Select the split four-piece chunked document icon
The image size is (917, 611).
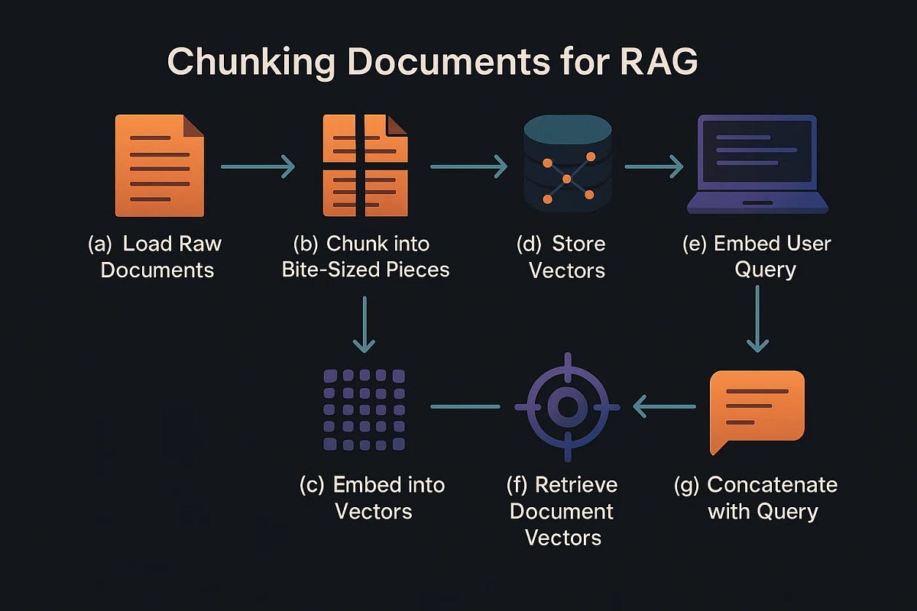[x=365, y=166]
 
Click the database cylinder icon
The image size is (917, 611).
[x=566, y=164]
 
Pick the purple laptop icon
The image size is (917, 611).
[x=757, y=164]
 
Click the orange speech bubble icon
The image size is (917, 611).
[x=757, y=411]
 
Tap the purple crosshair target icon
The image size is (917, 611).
[x=567, y=406]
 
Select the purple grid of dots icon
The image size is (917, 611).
[x=365, y=409]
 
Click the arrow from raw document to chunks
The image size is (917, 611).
[x=258, y=166]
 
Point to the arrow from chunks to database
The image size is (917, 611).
[x=468, y=166]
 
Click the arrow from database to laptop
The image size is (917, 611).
[x=653, y=166]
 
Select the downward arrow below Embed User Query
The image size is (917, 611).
[x=757, y=319]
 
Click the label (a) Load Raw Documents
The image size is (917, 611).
[x=157, y=257]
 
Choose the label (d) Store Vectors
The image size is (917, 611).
[x=566, y=257]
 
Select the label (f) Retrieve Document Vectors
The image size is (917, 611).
[x=563, y=510]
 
